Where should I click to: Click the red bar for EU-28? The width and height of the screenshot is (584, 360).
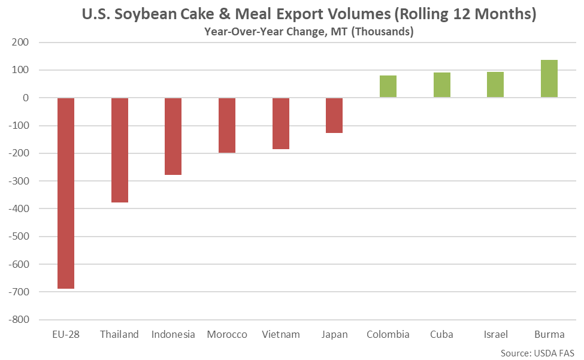[66, 193]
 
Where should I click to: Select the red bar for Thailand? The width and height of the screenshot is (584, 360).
[119, 150]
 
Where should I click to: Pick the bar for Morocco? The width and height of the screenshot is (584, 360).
[226, 125]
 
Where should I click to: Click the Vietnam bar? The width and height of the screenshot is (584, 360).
[280, 123]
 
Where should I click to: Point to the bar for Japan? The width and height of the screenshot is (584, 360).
[334, 115]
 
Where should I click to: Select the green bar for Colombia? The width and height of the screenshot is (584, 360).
[388, 86]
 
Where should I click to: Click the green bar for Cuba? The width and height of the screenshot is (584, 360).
[442, 85]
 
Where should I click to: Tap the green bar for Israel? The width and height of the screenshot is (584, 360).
[495, 84]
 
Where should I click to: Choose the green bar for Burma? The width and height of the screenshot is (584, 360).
[549, 78]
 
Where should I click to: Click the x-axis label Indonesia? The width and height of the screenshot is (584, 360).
[173, 334]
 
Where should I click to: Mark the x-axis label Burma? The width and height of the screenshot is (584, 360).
[549, 334]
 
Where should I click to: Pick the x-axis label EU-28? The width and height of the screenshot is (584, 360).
[66, 334]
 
